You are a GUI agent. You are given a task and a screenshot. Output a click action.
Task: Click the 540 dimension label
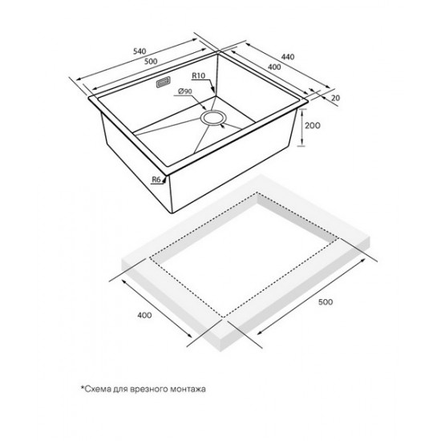click(140, 51)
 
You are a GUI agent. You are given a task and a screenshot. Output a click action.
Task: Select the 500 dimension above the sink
click(151, 61)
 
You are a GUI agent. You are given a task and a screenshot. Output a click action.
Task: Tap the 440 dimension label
click(288, 57)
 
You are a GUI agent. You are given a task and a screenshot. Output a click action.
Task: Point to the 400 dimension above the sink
click(274, 67)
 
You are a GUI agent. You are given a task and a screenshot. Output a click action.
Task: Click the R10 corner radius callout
click(199, 75)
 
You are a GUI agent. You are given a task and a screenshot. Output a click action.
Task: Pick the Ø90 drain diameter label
click(185, 91)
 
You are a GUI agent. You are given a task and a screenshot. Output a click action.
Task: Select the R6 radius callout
click(156, 180)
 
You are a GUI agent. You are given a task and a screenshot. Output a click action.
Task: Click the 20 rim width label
click(336, 98)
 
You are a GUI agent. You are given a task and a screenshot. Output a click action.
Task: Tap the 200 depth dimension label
click(313, 125)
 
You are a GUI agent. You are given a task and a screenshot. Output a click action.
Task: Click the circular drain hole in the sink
click(213, 117)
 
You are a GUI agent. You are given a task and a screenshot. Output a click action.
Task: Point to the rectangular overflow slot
click(163, 82)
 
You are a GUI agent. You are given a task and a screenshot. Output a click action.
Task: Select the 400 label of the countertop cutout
click(144, 315)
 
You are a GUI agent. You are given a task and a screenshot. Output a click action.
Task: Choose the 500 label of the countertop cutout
click(326, 302)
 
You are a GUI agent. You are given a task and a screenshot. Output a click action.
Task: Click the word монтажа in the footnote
click(188, 389)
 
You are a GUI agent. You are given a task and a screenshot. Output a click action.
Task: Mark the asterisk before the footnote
click(83, 387)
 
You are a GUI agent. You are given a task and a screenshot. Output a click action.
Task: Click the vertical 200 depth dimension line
click(301, 127)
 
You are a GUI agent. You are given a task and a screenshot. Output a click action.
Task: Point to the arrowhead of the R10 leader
click(213, 90)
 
